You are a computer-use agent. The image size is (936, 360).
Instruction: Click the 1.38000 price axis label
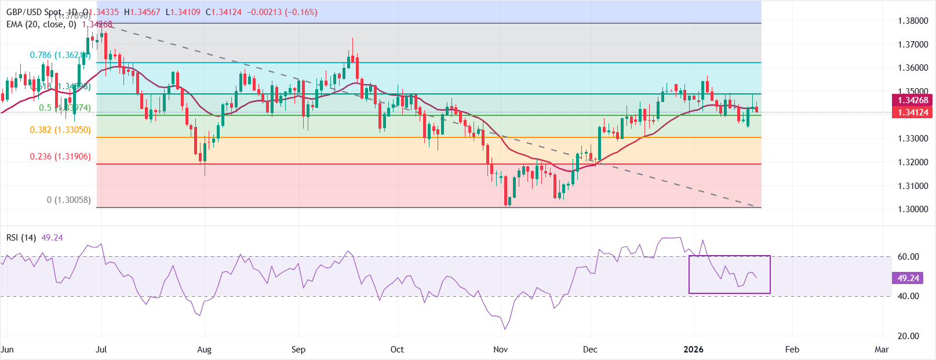point(913,21)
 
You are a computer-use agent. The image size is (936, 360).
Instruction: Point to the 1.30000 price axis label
point(913,209)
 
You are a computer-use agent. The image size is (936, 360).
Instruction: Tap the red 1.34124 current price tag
point(913,112)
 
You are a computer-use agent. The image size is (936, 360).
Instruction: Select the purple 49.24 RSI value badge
point(908,278)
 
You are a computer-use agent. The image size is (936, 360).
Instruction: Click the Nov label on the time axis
point(500,350)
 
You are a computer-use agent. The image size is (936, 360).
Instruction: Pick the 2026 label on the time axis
point(693,350)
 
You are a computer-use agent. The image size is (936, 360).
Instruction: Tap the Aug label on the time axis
point(204,350)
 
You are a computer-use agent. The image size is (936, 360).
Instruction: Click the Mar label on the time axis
point(882,350)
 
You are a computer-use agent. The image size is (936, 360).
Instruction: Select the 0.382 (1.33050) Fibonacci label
point(60,130)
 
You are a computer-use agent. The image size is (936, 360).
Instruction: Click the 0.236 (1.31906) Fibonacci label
point(60,157)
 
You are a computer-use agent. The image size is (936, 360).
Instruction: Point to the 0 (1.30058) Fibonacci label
point(69,200)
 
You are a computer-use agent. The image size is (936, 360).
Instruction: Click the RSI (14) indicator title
point(21,238)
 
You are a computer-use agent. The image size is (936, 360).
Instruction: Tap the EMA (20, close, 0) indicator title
point(41,24)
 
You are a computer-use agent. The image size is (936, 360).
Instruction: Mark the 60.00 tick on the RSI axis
point(908,257)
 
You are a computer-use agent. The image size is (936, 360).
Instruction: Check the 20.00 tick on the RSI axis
point(908,336)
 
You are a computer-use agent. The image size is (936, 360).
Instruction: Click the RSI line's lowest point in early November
point(504,329)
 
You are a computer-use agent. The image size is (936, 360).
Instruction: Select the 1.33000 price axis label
point(913,139)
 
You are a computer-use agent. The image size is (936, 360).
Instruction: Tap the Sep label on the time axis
point(298,350)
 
